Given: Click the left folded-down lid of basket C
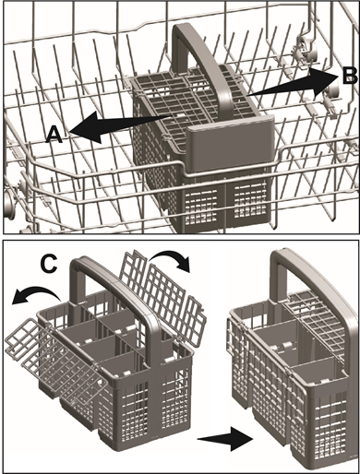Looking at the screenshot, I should pyautogui.click(x=31, y=351).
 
